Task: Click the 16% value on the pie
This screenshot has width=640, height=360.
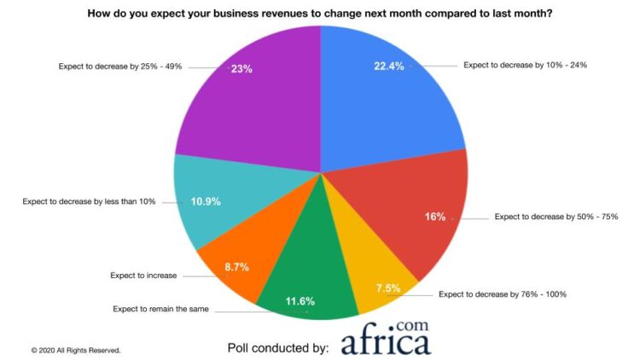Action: coord(435,217)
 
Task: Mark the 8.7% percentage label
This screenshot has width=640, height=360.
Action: coord(236,267)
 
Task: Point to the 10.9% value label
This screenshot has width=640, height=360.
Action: coord(207,201)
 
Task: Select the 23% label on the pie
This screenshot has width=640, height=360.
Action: coord(242,69)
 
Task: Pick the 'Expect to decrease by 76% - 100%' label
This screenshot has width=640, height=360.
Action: coord(503,294)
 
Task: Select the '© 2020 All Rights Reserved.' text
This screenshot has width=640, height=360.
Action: coord(76,350)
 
